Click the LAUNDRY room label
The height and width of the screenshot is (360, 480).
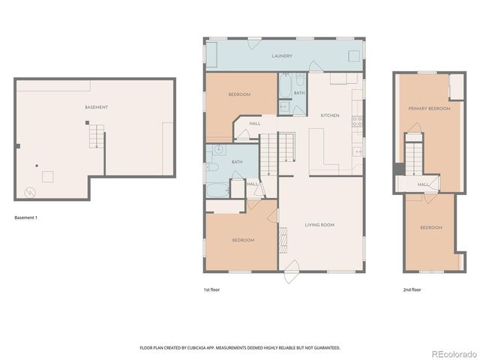point(282,56)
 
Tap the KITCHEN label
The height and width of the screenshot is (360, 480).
point(330,115)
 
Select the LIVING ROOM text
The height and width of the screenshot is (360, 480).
point(319,225)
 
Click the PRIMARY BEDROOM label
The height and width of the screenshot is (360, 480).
point(429,109)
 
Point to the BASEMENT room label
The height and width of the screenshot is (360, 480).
point(96,107)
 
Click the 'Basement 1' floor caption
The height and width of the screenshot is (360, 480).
point(25,217)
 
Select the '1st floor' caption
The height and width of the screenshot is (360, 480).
point(211,289)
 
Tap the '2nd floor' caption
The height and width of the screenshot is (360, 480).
point(412,289)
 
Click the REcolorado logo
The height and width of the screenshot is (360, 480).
point(451,353)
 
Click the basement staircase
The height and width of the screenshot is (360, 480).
point(94,135)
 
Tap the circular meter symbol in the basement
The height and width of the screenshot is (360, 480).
point(29,192)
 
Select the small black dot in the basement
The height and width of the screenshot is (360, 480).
point(35,165)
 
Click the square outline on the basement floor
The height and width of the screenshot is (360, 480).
point(47,176)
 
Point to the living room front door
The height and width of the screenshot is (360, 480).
point(292,268)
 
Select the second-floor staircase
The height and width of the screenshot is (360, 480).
point(414,155)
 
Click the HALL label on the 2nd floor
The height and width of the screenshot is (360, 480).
point(423,184)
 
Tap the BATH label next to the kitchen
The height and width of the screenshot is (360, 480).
point(298,93)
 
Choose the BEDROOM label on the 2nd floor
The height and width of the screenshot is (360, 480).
point(430,227)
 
